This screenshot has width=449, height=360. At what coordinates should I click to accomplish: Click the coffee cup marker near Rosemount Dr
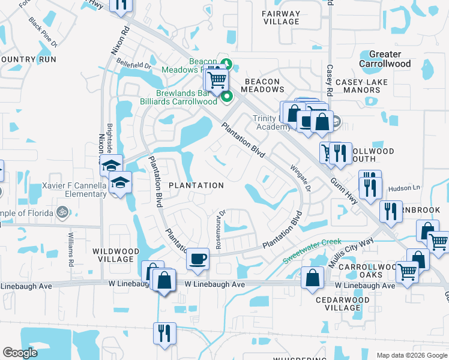pos(197,259)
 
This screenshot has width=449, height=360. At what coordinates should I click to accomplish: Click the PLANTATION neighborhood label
pos(196,185)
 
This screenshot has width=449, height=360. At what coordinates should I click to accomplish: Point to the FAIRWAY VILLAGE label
pos(281,17)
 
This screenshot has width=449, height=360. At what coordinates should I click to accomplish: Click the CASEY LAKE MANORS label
pos(361,86)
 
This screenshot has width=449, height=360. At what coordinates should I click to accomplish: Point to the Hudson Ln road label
pos(405,188)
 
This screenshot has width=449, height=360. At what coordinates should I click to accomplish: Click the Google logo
pos(20,353)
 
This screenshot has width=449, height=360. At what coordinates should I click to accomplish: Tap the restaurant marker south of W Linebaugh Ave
pos(164,332)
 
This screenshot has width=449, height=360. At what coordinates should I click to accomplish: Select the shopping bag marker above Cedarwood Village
pos(313,278)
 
